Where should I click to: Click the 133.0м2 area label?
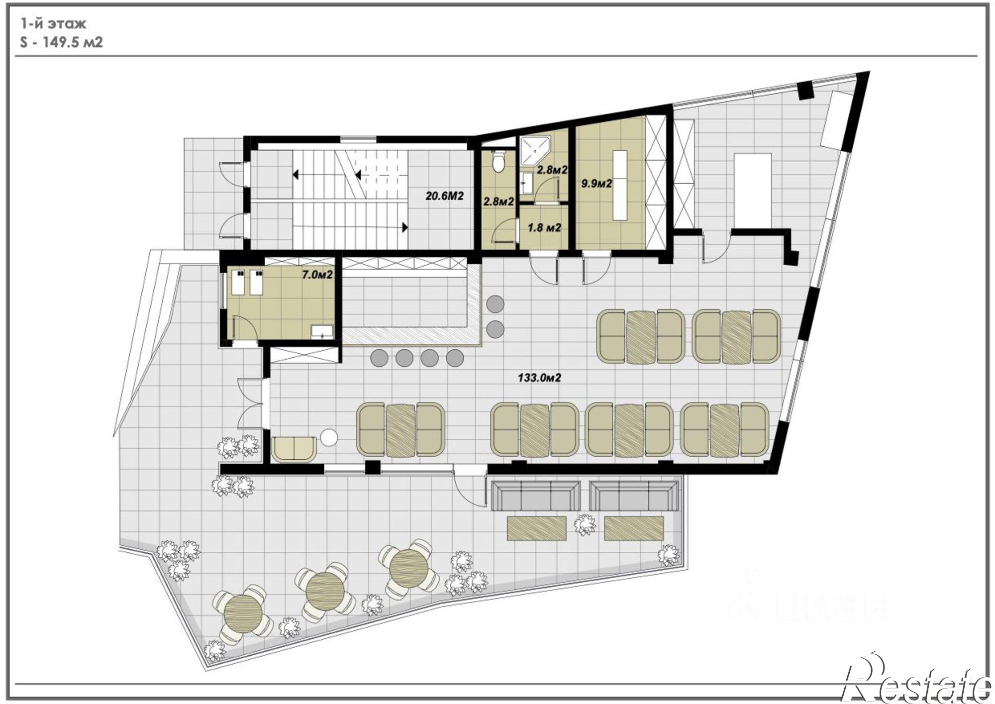pyautogui.click(x=539, y=378)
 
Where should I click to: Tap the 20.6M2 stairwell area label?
pyautogui.click(x=444, y=196)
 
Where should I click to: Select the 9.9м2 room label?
pyautogui.click(x=597, y=184)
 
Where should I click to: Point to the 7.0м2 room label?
pyautogui.click(x=317, y=275)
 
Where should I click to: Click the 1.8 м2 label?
pyautogui.click(x=544, y=228)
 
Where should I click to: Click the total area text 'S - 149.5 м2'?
pyautogui.click(x=62, y=42)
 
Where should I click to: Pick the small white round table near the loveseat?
pyautogui.click(x=329, y=438)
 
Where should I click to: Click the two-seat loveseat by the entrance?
pyautogui.click(x=295, y=449)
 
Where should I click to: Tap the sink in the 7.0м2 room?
pyautogui.click(x=322, y=332)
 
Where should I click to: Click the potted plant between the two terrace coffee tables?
pyautogui.click(x=585, y=524)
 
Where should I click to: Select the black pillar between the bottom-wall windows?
pyautogui.click(x=373, y=468)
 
